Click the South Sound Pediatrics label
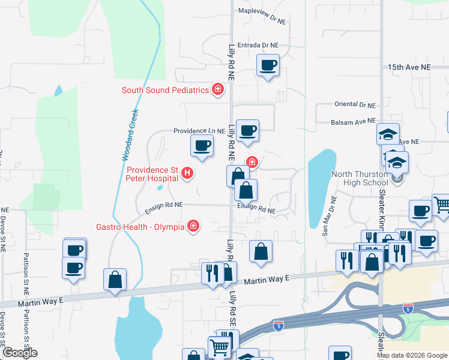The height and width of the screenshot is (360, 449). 164,91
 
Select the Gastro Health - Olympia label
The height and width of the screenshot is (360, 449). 141,227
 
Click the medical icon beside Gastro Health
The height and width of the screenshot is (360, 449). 193,226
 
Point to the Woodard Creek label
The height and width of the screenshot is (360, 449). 130,134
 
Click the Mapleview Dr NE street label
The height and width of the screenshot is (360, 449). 262,20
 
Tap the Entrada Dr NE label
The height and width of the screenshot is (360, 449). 259,45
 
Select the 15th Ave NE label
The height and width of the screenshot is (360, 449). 409,68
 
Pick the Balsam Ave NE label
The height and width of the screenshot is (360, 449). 353,122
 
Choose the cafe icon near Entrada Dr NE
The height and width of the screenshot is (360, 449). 268,65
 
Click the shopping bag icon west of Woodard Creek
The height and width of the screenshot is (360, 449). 115,280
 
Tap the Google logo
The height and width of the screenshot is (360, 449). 20,353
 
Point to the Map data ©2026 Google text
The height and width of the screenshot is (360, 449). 412,355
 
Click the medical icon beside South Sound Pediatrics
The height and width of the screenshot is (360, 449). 218,90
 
